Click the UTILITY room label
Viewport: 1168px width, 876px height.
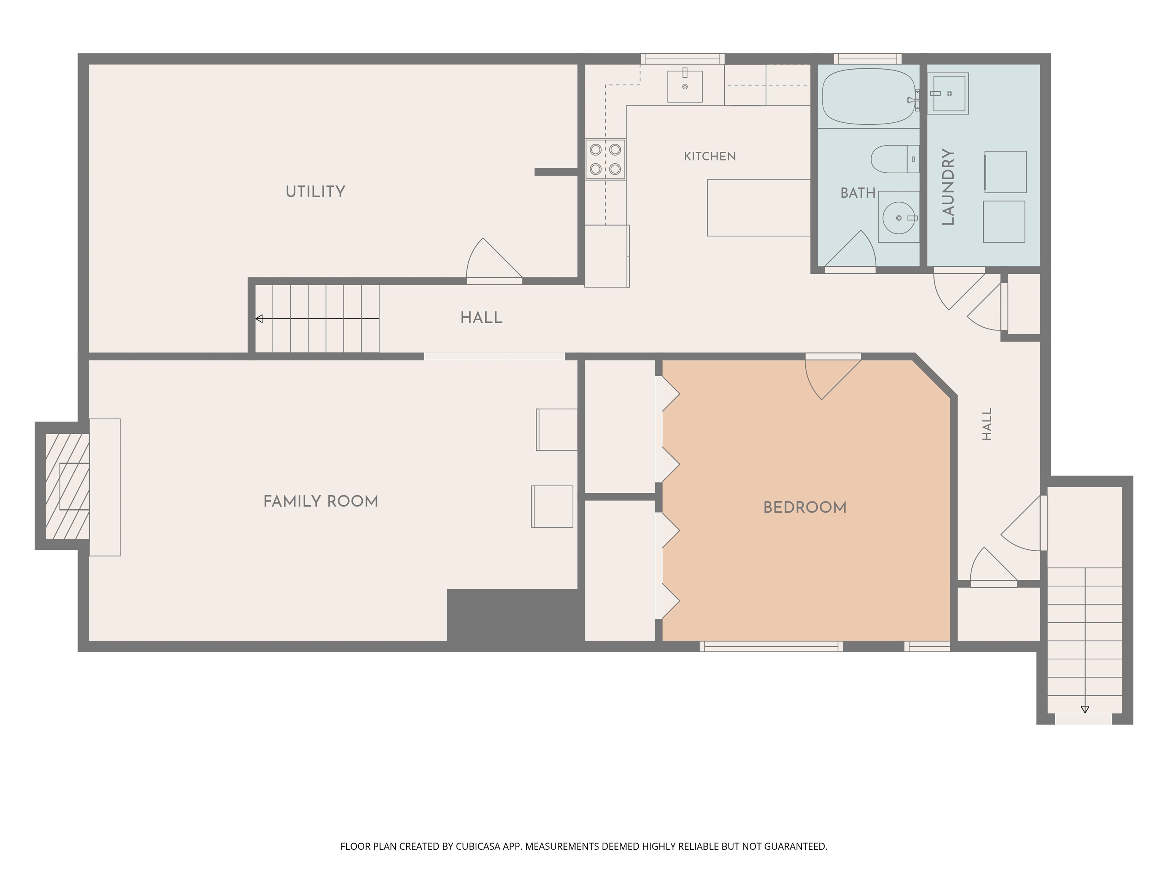(x=315, y=192)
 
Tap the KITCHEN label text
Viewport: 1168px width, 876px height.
(x=710, y=156)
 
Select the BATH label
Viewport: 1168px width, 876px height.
(x=858, y=193)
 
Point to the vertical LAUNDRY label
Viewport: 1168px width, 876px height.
(x=948, y=187)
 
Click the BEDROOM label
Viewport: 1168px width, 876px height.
(x=805, y=508)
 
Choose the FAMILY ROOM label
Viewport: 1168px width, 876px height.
(x=321, y=501)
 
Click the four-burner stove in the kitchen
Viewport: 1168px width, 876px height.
(x=605, y=159)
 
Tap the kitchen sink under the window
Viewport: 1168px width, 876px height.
(x=685, y=86)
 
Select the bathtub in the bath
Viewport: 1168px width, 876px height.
(x=869, y=97)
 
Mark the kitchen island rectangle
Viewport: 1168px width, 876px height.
(x=759, y=208)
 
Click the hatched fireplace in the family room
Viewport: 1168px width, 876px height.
(x=67, y=486)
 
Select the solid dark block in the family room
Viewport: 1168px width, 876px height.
(x=512, y=615)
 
